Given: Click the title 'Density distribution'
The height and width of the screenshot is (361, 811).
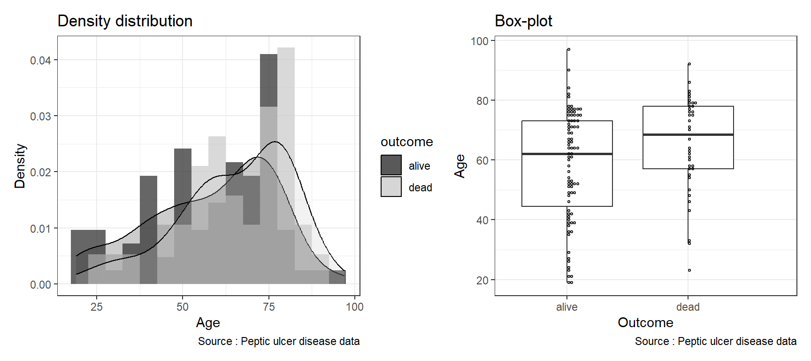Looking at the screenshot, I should point(125,21).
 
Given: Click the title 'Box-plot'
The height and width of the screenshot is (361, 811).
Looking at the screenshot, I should point(523,21).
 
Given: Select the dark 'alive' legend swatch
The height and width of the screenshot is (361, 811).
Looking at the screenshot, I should point(391,165).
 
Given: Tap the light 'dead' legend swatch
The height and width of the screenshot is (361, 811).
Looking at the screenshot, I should point(391,187).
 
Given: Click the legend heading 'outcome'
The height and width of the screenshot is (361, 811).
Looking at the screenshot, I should point(406,142).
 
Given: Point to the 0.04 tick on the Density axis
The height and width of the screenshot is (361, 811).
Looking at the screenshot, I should point(41,61).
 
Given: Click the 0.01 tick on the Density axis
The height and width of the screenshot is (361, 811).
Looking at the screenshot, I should point(41,229).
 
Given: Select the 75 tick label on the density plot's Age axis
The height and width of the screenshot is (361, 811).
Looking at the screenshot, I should point(269,307).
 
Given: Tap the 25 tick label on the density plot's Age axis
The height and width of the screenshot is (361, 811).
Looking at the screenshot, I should point(97,307).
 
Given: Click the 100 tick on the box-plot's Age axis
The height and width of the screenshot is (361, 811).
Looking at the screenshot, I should point(480,41).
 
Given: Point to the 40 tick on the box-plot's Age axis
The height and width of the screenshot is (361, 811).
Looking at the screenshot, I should point(482,220).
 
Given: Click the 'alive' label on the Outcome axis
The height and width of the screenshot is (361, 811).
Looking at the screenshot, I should point(566,307).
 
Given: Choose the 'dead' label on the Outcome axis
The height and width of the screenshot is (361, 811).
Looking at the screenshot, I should point(688,307).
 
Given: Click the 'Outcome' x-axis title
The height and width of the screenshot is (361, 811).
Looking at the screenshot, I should point(645,322).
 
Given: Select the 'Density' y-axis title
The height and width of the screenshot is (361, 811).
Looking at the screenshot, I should point(20,166).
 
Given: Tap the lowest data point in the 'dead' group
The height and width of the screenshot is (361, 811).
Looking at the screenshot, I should point(689,270).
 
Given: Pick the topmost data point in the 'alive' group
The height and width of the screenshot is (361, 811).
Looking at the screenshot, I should point(568,49).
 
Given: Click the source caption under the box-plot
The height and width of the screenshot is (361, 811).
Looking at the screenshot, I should point(715,341).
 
